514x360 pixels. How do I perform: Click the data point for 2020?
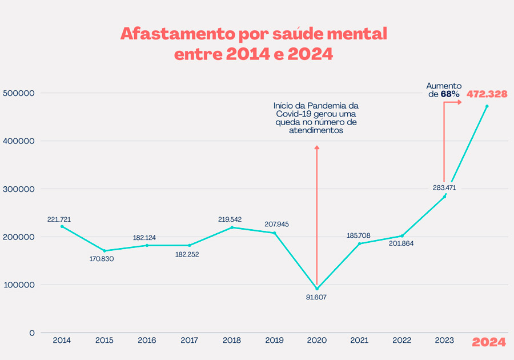click(317, 289)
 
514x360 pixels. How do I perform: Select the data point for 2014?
click(62, 226)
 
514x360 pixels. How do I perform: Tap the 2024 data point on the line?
click(487, 106)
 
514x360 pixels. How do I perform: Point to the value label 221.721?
click(59, 219)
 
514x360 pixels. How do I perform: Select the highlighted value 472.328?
click(487, 94)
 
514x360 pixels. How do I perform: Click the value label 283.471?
click(444, 187)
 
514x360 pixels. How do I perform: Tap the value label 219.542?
click(231, 219)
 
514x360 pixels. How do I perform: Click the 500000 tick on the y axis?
click(19, 93)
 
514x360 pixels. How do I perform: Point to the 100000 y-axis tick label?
click(19, 285)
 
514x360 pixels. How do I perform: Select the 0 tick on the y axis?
click(32, 333)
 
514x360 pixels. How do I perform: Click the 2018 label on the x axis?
click(231, 341)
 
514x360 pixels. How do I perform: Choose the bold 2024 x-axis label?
click(489, 342)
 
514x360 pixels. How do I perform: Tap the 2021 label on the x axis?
click(359, 341)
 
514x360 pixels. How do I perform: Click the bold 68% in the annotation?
click(450, 94)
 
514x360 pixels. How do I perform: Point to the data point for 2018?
click(232, 227)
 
